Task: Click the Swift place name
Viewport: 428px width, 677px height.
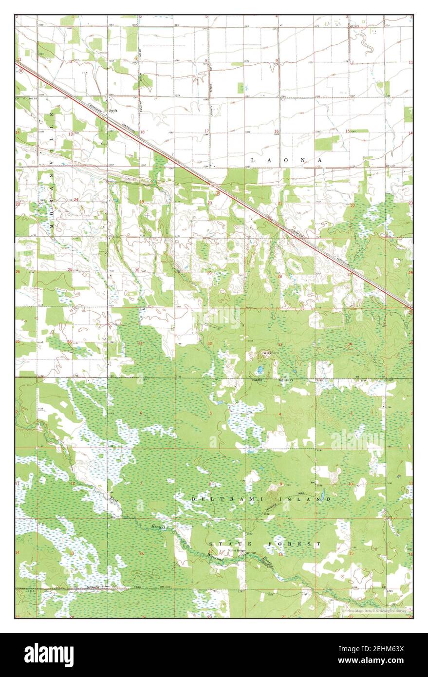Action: pos(113,111)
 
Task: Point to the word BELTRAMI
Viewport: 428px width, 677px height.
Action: pos(217,499)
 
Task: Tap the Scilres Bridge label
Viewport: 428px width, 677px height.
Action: pos(237,551)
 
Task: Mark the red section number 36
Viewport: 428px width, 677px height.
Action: pos(70,342)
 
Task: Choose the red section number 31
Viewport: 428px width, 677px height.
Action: pos(140,343)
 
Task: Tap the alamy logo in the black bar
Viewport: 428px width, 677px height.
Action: pos(49,655)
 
